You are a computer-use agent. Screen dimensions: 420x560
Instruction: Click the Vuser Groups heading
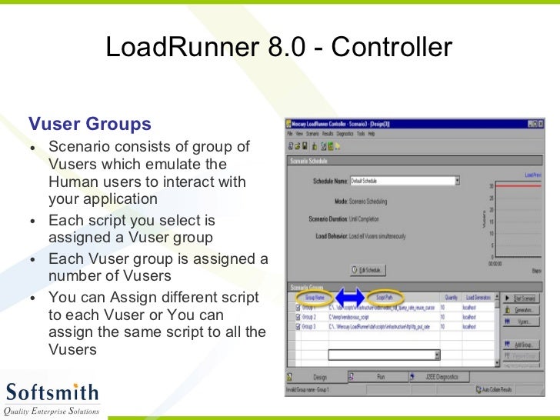click(90, 124)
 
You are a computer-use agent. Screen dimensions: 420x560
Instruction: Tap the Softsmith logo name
click(52, 392)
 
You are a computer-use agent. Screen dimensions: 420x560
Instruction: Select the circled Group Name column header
click(315, 296)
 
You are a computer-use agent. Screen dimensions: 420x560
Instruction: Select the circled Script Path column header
click(385, 296)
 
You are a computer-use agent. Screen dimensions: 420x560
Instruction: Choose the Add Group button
click(522, 345)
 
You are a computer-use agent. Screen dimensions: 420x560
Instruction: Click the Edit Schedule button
click(367, 270)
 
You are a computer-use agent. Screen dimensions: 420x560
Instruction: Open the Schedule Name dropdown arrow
click(457, 182)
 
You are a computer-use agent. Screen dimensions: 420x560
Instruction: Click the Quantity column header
click(450, 296)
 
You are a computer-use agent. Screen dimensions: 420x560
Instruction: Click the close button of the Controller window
click(542, 123)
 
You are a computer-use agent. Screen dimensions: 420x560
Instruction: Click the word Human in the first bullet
click(72, 182)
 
